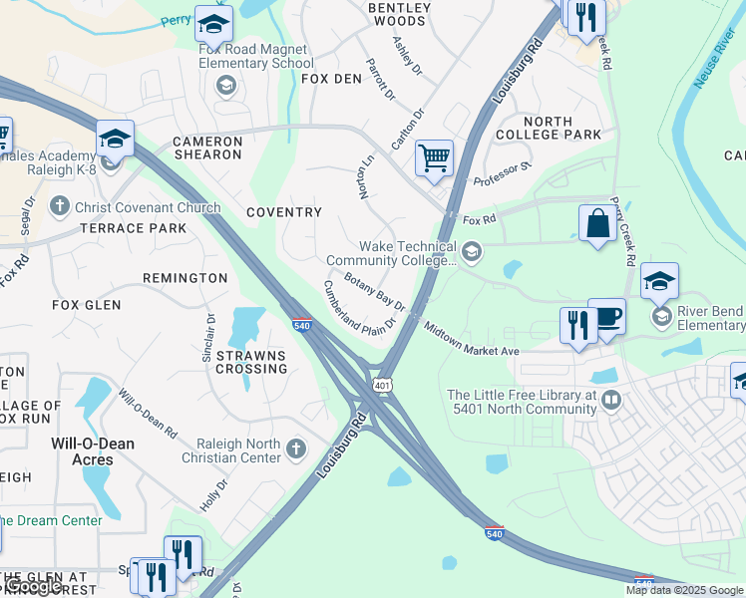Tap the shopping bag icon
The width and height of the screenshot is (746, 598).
597,223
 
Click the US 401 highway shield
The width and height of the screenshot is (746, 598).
381,383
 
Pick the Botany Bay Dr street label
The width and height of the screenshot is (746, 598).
375,291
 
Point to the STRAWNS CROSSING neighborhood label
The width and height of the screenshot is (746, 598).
252,362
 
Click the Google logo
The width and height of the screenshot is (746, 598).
32,586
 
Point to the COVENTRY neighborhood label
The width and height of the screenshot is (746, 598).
284,212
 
